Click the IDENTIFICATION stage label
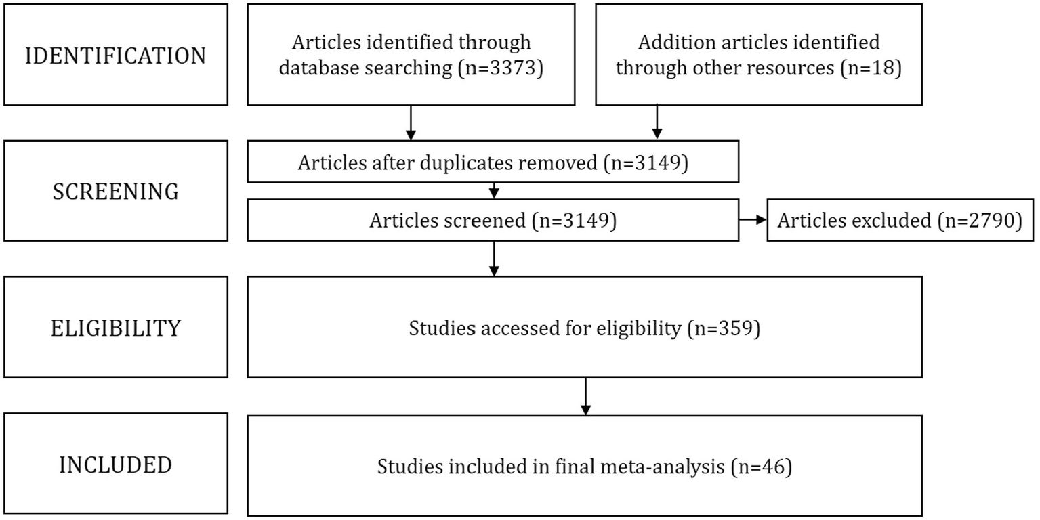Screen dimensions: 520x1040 click(115, 56)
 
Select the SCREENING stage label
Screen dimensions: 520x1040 click(115, 192)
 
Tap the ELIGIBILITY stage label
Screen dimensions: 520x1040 click(115, 328)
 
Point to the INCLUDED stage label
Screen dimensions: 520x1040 click(115, 465)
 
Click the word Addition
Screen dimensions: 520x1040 click(667, 42)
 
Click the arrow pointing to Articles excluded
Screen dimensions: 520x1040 click(753, 221)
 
